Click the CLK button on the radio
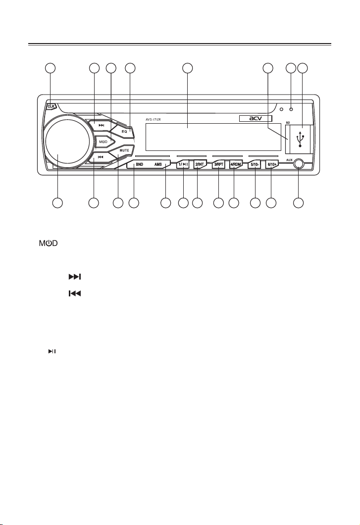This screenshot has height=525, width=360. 51,106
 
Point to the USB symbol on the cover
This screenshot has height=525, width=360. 300,139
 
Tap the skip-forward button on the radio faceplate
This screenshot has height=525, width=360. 102,125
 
